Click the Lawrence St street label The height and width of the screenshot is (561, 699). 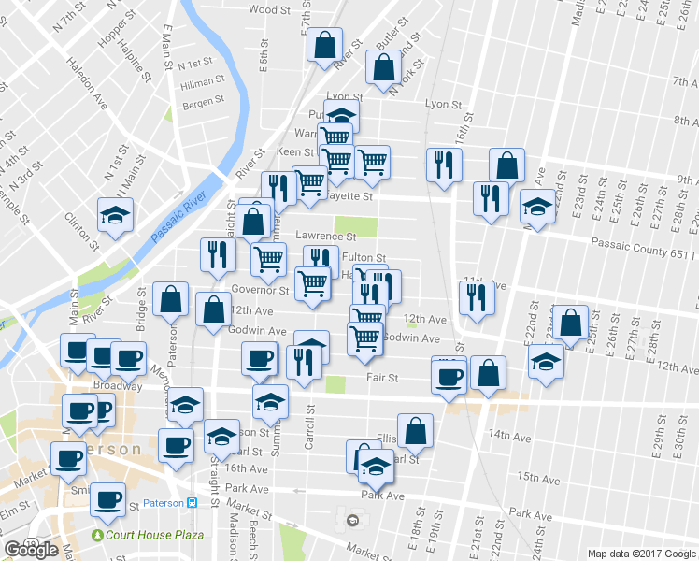(x=326, y=237)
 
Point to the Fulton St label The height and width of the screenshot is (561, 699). (x=364, y=257)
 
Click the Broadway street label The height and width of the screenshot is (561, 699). (x=117, y=385)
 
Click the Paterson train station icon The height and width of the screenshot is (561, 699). (x=192, y=502)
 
